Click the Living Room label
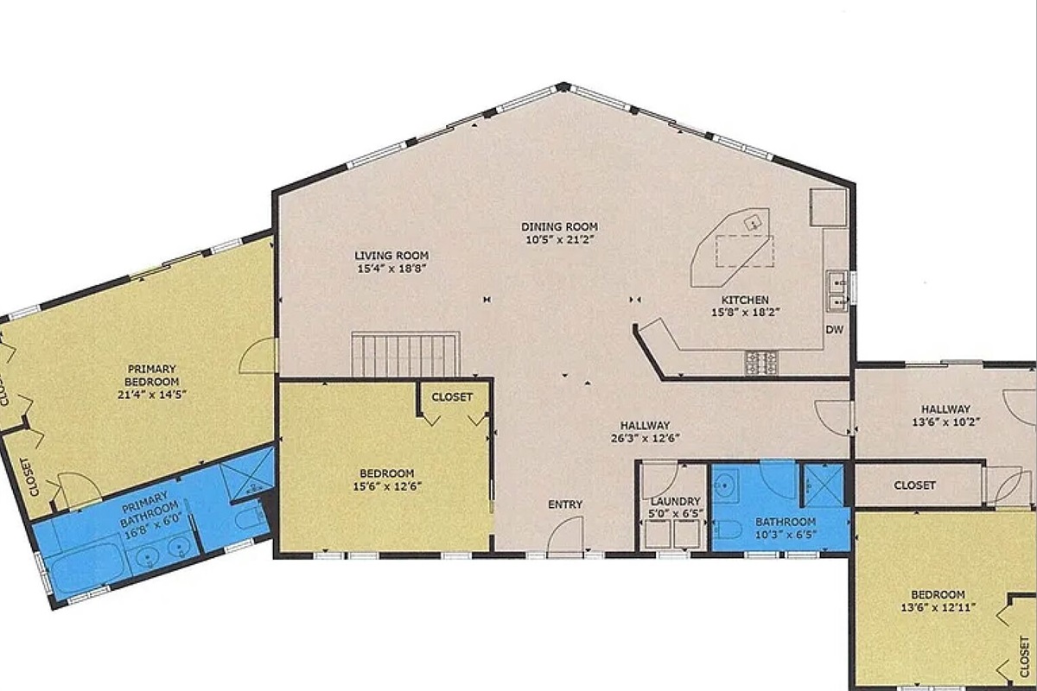tap(391, 262)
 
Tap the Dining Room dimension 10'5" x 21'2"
tap(559, 240)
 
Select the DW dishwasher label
tap(834, 330)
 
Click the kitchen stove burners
tap(761, 363)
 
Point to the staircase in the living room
tap(405, 354)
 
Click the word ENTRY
tap(565, 504)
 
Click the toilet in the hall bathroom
tap(728, 529)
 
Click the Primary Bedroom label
tap(152, 382)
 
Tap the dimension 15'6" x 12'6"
tap(387, 486)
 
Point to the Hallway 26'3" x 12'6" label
tap(645, 431)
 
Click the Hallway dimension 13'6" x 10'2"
tap(945, 422)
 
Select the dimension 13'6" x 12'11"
tap(938, 606)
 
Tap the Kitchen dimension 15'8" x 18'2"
tap(745, 313)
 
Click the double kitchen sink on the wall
tap(837, 291)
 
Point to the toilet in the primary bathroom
tap(249, 518)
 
